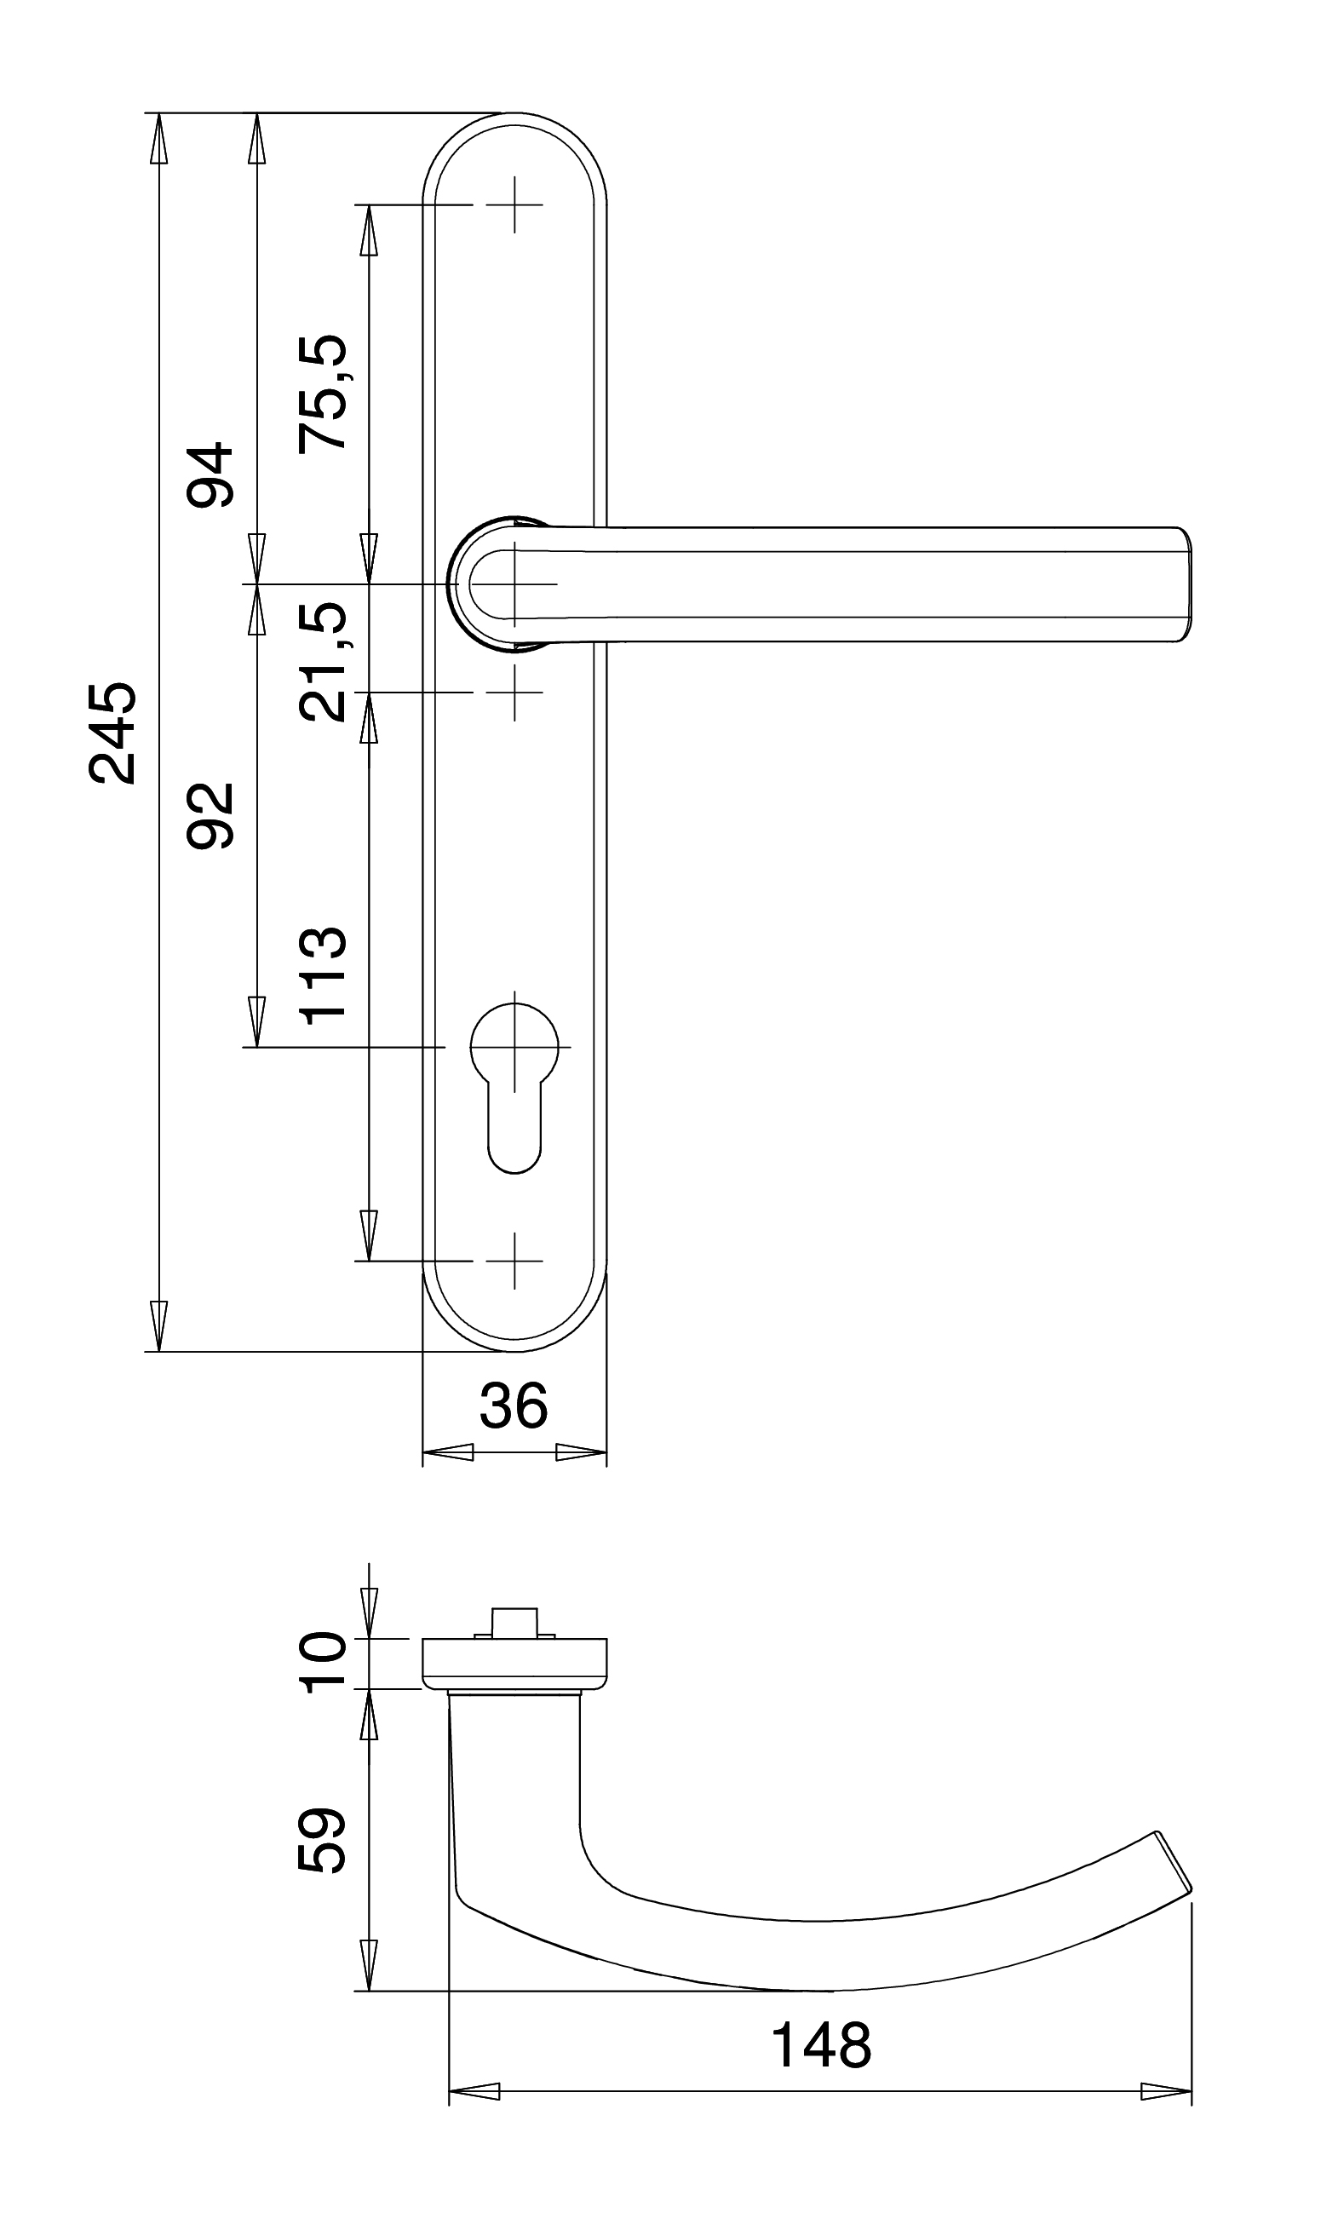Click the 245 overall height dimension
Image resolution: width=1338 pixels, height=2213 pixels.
114,733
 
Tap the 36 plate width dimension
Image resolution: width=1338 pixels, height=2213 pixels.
514,1406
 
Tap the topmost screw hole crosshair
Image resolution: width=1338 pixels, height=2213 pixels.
514,204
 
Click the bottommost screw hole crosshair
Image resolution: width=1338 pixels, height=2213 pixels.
514,1261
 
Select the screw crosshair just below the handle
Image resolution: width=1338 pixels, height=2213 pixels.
514,693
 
